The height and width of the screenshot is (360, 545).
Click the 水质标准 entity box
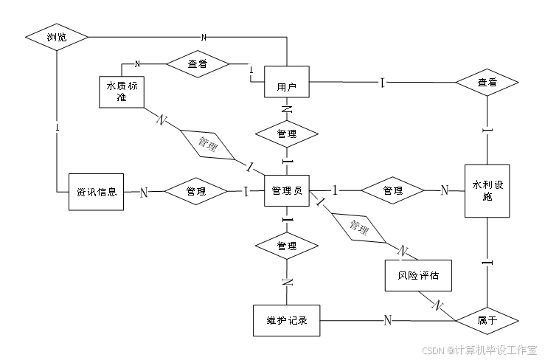[x=122, y=91]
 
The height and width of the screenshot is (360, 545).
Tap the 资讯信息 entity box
[x=96, y=192]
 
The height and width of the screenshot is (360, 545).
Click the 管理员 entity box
[x=286, y=190]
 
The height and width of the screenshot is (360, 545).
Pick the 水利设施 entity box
[x=487, y=190]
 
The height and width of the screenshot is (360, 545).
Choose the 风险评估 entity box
[x=418, y=275]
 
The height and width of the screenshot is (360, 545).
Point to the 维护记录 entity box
[x=286, y=320]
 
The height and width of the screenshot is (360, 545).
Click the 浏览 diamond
[x=57, y=37]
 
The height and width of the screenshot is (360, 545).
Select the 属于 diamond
[x=487, y=321]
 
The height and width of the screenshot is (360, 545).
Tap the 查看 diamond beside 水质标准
[x=198, y=64]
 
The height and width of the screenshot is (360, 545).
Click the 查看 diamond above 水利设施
[x=487, y=83]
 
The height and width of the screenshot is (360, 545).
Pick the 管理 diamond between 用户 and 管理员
[x=286, y=134]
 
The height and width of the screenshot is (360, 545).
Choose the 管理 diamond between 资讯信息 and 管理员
[x=195, y=191]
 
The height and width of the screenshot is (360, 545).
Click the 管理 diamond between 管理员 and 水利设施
[x=392, y=190]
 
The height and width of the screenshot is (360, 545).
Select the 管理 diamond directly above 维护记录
[x=286, y=245]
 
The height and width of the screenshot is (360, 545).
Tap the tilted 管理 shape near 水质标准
[x=207, y=145]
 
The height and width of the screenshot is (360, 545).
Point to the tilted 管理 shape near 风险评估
[x=358, y=227]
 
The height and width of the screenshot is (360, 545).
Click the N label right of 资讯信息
[x=144, y=192]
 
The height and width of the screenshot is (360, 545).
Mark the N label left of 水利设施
[x=445, y=190]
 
